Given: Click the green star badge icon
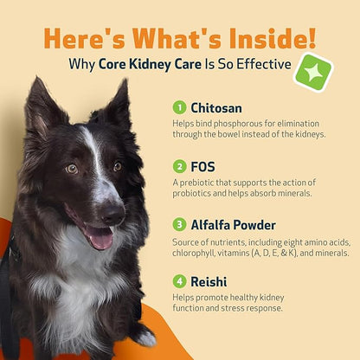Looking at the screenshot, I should [313, 72].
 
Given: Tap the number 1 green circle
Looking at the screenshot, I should [179, 107].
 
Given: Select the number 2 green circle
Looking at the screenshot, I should [179, 166].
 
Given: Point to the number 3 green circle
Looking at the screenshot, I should [179, 224].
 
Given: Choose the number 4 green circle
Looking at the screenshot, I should [179, 280].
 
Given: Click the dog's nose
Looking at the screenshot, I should [112, 208].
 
